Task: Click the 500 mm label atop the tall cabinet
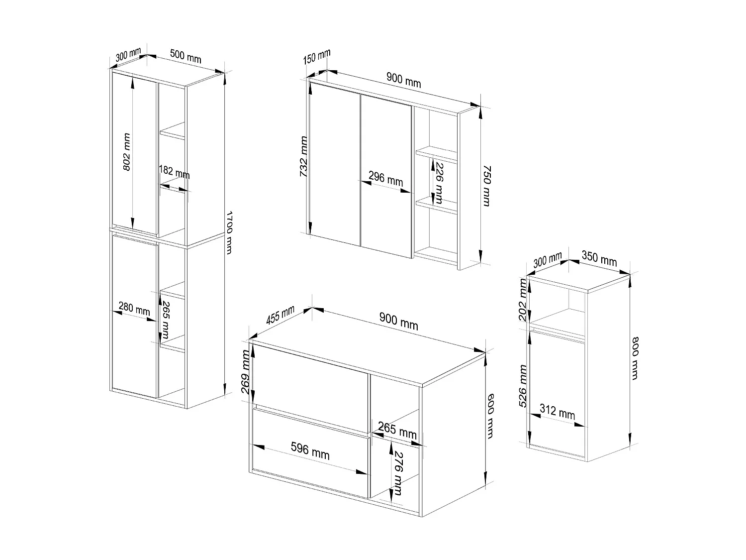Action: point(186,56)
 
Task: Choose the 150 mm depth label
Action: point(316,56)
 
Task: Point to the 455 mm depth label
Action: point(280,315)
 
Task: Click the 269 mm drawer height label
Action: point(246,371)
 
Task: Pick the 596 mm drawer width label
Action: point(310,451)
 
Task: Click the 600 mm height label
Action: point(489,416)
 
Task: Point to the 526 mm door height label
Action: point(522,386)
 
